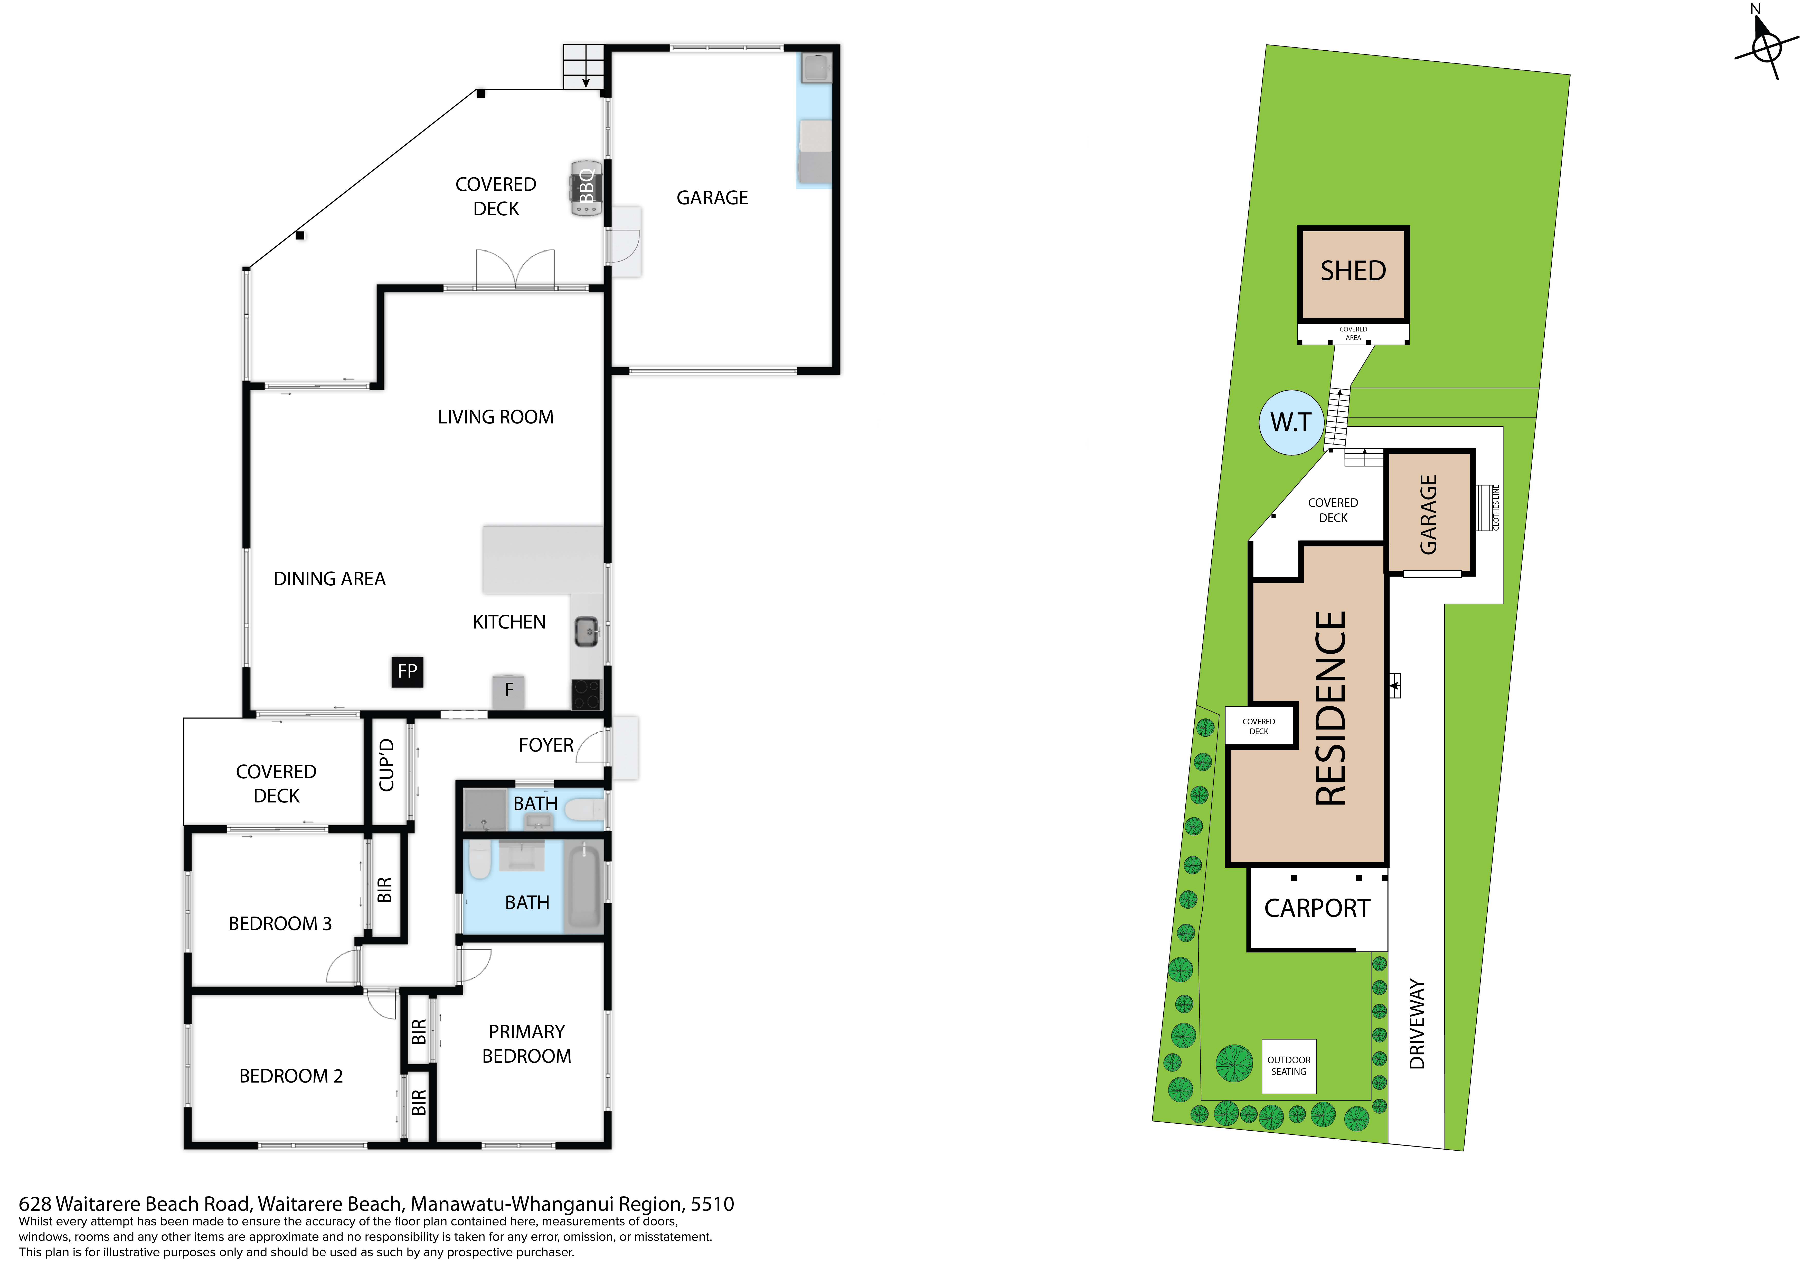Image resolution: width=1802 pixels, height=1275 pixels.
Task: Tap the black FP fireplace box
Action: [407, 671]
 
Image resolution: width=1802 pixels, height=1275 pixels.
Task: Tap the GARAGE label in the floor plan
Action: [712, 198]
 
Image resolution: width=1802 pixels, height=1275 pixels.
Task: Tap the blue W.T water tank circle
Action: [1291, 422]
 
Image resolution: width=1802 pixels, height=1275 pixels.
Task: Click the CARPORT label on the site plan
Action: [1317, 908]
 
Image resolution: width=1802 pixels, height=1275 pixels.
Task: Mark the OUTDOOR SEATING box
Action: [1289, 1066]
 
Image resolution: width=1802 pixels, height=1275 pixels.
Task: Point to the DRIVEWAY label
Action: [1417, 1024]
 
